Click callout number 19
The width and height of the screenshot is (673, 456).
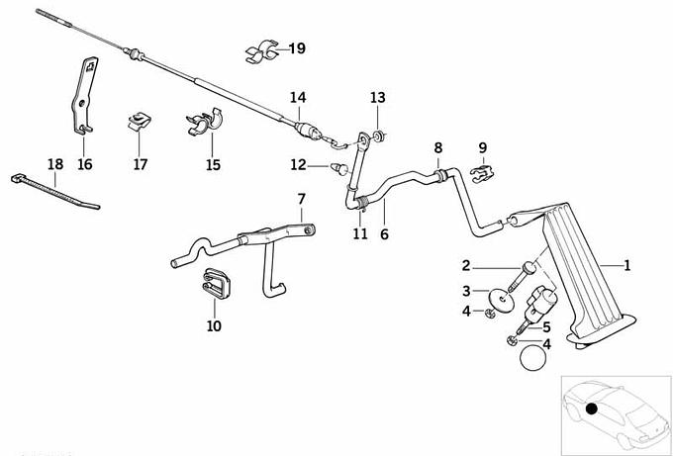pos(298,47)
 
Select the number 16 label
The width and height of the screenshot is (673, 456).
pos(85,164)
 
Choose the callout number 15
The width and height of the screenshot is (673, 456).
pos(213,164)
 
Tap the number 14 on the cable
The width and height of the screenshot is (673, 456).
pos(298,97)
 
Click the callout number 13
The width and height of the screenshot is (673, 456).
pos(377,97)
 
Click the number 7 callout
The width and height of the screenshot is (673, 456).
pos(302,200)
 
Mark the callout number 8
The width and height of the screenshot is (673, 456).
pos(436,148)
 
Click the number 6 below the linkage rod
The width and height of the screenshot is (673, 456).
pos(384,234)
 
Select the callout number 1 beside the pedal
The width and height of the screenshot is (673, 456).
pos(625,265)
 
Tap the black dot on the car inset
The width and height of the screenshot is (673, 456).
pos(591,410)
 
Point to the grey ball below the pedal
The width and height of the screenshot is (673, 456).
pos(534,355)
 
